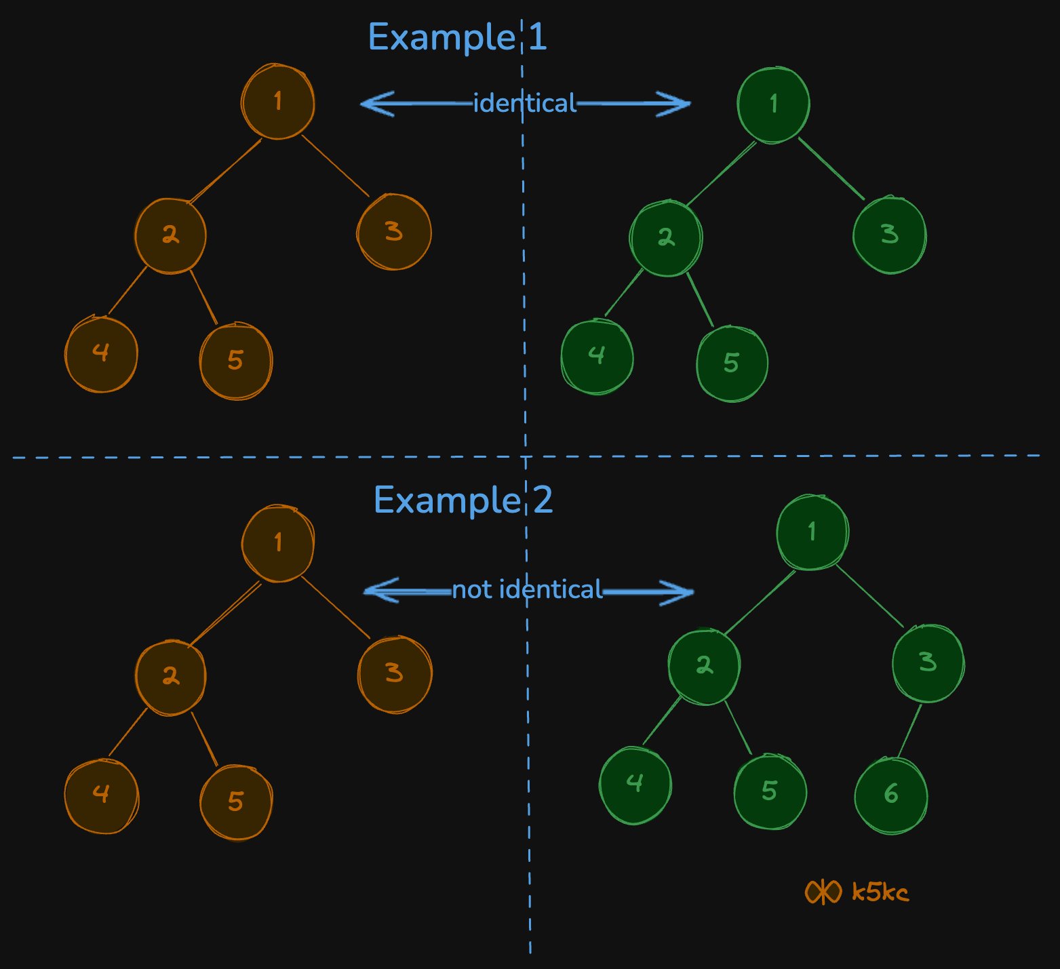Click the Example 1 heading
(x=456, y=37)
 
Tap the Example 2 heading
(x=463, y=500)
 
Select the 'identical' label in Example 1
(x=524, y=103)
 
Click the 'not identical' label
(x=527, y=589)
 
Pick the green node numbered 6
(x=890, y=794)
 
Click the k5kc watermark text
(x=880, y=892)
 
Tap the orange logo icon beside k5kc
(x=823, y=892)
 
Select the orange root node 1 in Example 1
(x=278, y=102)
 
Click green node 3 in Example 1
(x=889, y=235)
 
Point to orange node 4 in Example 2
(x=101, y=794)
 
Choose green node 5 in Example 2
(x=770, y=791)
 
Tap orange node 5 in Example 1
(x=235, y=361)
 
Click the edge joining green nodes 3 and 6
(x=909, y=731)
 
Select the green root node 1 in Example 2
(x=812, y=532)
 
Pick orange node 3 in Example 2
(x=394, y=673)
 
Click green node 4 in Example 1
(x=597, y=356)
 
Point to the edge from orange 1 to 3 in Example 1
(x=336, y=166)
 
